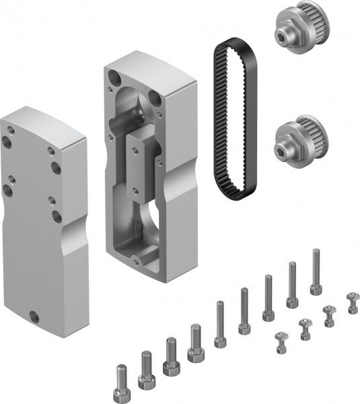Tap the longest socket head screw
[316, 272]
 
